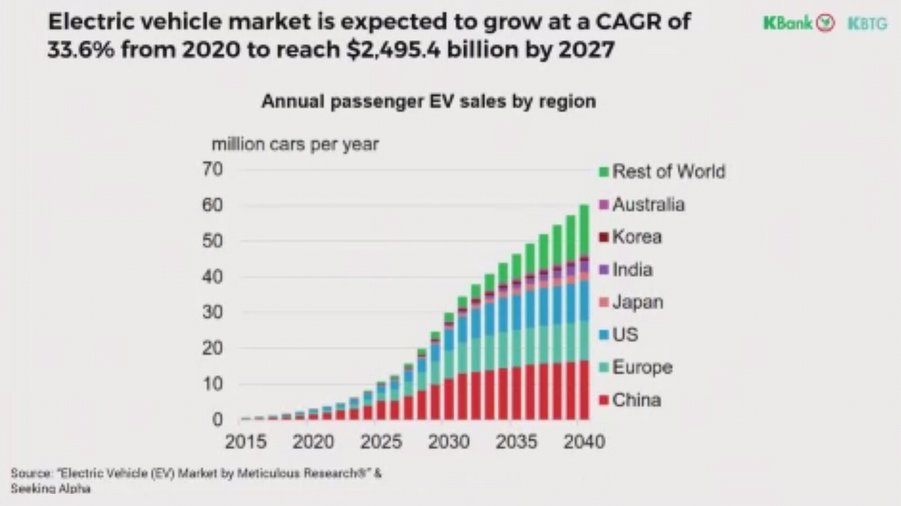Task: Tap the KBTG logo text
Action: (867, 24)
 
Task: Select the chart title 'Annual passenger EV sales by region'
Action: (428, 101)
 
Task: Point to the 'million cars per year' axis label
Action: (295, 144)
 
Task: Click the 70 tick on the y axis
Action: (213, 170)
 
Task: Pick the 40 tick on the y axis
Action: (213, 278)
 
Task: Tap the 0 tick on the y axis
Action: (218, 420)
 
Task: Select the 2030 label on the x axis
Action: (448, 442)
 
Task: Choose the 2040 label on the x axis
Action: (584, 442)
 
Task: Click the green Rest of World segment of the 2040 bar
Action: (584, 230)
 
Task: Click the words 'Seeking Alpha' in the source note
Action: (50, 489)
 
